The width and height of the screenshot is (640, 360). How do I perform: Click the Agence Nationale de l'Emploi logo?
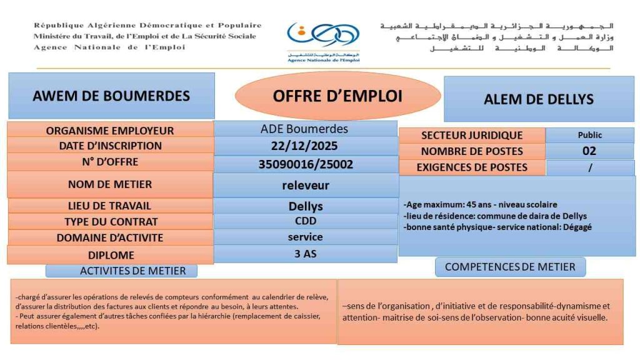(322, 41)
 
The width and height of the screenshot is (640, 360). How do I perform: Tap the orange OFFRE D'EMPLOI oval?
(337, 96)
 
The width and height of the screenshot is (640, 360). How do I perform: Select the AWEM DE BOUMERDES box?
(111, 96)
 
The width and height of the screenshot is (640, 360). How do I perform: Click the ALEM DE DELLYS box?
(538, 99)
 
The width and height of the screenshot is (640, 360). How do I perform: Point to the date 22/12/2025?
(306, 146)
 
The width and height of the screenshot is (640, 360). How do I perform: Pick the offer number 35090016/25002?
(306, 164)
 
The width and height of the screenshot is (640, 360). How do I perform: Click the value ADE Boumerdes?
(304, 129)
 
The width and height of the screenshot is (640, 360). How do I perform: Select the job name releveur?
(306, 185)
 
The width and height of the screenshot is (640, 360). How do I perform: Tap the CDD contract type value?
(306, 221)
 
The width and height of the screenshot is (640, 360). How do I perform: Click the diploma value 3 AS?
(306, 254)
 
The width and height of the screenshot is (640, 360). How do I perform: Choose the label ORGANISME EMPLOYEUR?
(110, 131)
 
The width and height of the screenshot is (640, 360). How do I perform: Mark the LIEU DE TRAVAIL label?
(110, 206)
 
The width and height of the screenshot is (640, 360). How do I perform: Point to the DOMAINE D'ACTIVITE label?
(110, 237)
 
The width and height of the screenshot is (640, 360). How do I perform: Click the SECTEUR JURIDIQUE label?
(472, 135)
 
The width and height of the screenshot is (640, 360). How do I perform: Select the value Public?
(589, 135)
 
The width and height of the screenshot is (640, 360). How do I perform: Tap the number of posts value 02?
(589, 151)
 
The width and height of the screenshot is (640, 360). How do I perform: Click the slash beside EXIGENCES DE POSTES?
(589, 167)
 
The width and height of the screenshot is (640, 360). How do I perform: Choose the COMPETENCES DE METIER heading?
(510, 267)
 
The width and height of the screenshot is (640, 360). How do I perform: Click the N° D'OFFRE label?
(110, 162)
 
